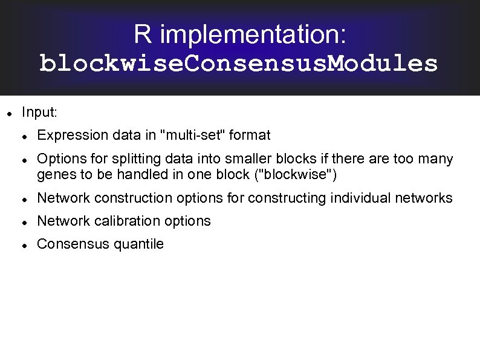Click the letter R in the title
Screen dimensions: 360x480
142,34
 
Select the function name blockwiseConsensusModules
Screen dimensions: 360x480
239,64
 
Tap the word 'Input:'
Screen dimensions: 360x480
39,112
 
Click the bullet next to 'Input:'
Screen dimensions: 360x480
8,113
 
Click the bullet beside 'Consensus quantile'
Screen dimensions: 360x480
24,245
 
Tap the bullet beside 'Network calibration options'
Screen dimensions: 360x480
24,222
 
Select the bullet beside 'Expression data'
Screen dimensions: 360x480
24,136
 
